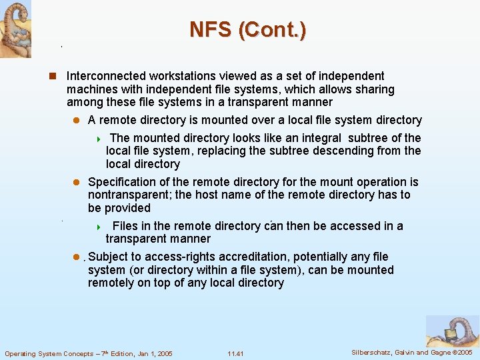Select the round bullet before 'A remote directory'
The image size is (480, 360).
coord(76,121)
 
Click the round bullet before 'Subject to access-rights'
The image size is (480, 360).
coord(76,257)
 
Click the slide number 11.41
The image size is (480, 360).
coord(235,353)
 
